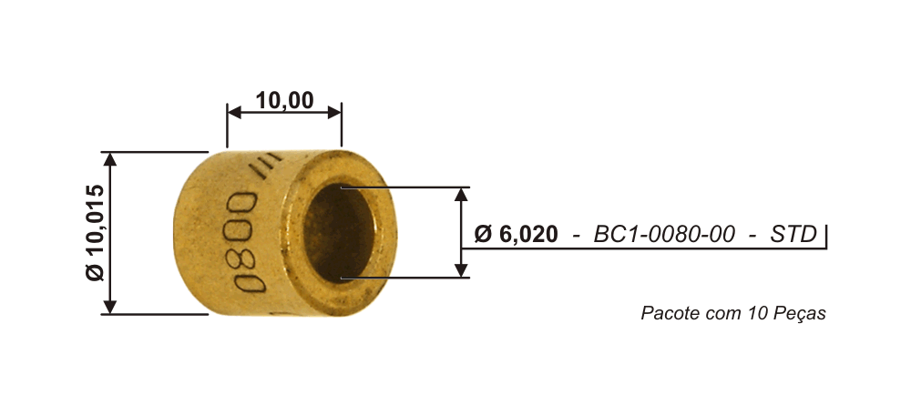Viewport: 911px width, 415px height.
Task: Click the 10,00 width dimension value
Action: (x=284, y=100)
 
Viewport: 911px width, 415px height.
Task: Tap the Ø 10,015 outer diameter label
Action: (x=95, y=233)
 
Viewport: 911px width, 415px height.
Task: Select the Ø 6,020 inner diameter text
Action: (x=516, y=234)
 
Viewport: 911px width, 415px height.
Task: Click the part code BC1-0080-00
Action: (x=663, y=234)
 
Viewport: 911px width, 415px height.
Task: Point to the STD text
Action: (x=793, y=234)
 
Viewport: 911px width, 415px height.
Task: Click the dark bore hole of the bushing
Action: (x=338, y=232)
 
